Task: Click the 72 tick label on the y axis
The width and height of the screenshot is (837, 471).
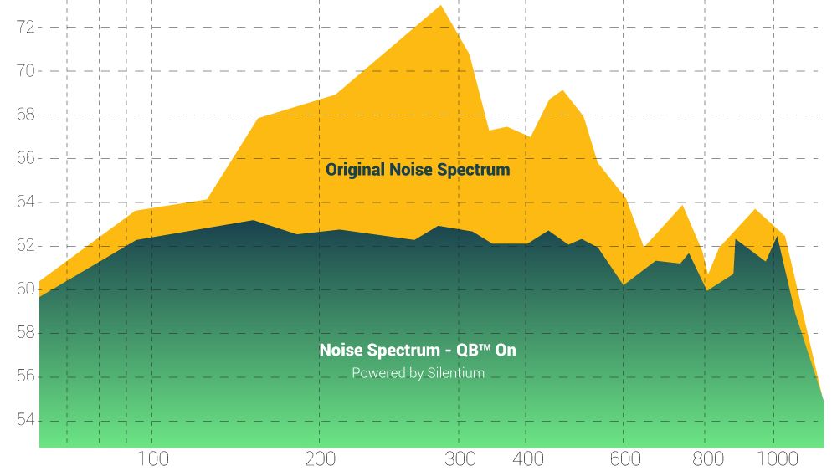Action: click(x=25, y=27)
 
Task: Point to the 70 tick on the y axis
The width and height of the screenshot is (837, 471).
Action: click(x=25, y=71)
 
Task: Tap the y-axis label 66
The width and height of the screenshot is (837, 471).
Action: click(x=25, y=158)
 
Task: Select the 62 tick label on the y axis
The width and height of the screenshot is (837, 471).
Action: click(x=25, y=246)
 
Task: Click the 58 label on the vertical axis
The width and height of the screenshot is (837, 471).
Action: click(x=25, y=333)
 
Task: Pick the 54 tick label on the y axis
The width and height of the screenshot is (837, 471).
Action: click(x=25, y=420)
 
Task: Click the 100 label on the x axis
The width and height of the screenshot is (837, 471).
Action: click(x=153, y=458)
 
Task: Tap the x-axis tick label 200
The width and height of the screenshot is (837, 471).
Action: click(x=320, y=458)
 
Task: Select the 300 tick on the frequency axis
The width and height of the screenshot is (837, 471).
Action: click(x=460, y=458)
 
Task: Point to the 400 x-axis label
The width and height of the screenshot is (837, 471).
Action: click(x=529, y=458)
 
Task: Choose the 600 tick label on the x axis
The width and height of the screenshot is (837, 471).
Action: click(x=625, y=458)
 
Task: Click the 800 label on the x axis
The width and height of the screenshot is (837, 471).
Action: click(x=708, y=458)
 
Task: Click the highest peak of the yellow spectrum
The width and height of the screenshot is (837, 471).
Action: click(x=441, y=7)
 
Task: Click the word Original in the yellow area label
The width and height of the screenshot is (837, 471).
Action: click(x=356, y=170)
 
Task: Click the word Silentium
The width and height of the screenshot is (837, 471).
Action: click(x=455, y=373)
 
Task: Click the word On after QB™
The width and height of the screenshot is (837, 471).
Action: click(x=506, y=351)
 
